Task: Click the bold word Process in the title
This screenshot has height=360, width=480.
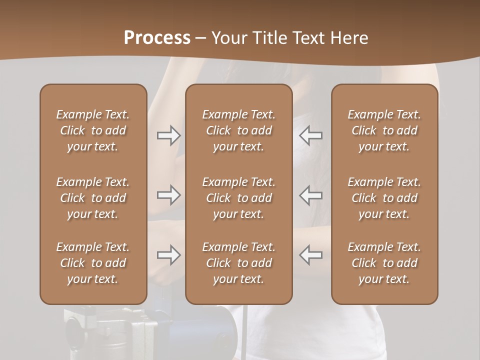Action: pos(157,37)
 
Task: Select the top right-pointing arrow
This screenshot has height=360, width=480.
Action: pos(168,135)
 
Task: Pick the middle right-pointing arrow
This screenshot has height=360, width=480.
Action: pos(168,195)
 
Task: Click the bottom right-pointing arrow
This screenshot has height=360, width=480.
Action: pos(168,255)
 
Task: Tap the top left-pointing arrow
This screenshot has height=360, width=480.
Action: pos(311,135)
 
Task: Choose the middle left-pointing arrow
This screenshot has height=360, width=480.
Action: pos(311,195)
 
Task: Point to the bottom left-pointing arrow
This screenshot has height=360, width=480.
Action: pos(311,255)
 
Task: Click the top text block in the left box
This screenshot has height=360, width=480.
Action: pos(93,130)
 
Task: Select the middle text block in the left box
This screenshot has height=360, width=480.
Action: pos(93,198)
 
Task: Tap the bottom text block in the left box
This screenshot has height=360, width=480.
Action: pos(93,263)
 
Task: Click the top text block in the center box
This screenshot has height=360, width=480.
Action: pos(238,130)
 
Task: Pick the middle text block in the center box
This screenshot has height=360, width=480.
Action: pos(238,198)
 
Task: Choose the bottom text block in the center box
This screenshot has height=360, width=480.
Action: pos(238,263)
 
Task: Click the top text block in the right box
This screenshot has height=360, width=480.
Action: pos(384,130)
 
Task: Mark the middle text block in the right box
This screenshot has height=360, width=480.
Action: pos(384,198)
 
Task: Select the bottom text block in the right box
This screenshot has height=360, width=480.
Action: pos(384,263)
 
